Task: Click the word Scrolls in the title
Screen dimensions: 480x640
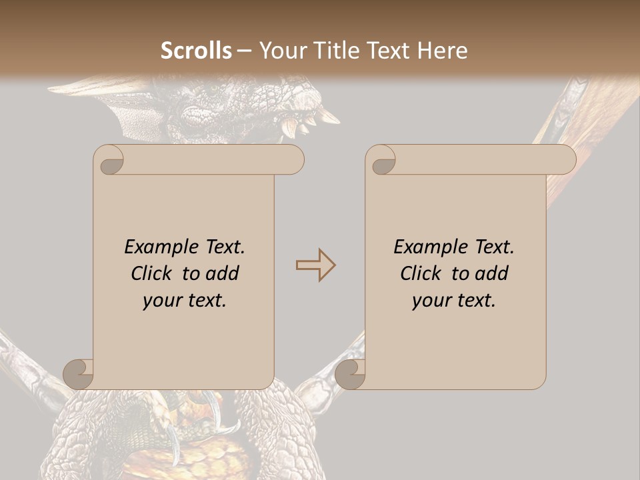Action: (x=197, y=50)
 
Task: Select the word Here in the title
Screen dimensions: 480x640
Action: (x=443, y=50)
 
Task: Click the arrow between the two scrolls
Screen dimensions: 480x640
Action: (x=315, y=265)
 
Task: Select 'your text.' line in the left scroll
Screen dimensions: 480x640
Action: (x=185, y=300)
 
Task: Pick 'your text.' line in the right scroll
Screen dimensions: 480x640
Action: (x=454, y=300)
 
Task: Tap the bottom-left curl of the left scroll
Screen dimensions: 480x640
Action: (x=78, y=373)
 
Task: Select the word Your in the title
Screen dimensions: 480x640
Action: (x=281, y=50)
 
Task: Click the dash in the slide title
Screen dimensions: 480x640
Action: (x=245, y=51)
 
